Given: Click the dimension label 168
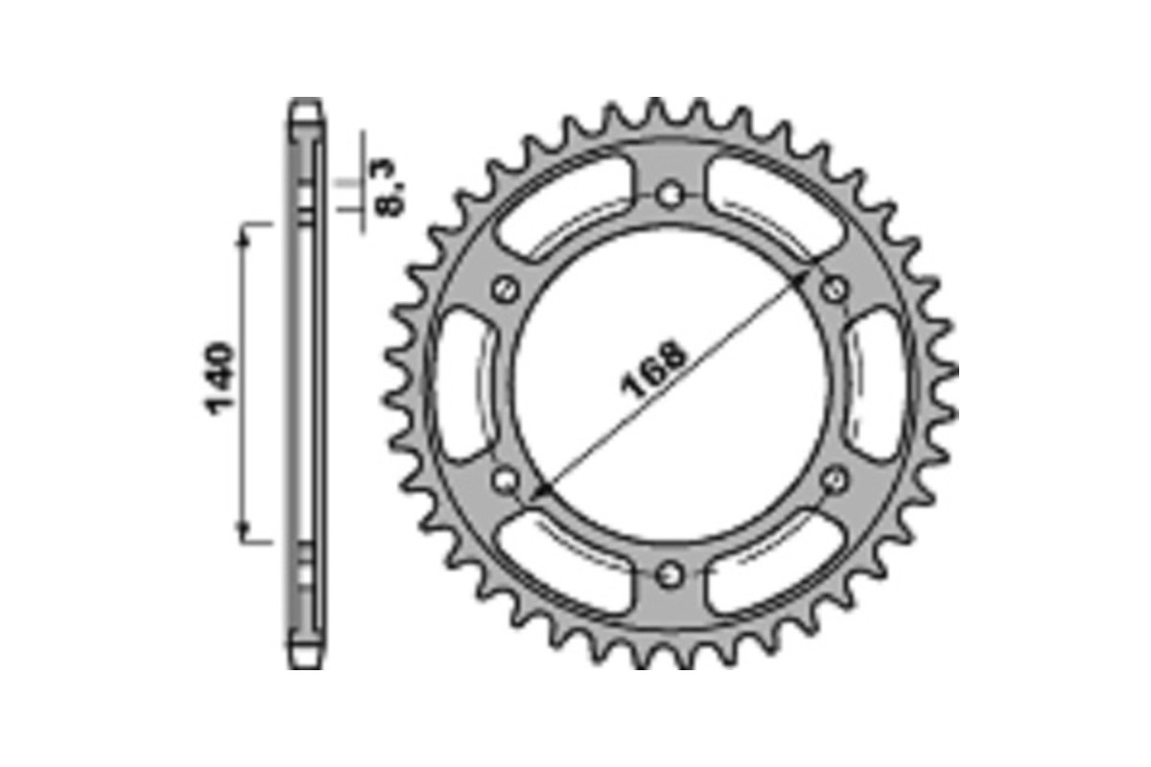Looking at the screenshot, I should pos(656,368).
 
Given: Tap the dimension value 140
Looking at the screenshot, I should pos(220,379).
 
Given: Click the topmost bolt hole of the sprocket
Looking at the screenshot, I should pos(670,195).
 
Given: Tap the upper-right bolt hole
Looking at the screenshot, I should pos(835,289).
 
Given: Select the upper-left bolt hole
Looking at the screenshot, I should pos(505,289).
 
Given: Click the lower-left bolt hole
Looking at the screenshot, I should pos(505,478).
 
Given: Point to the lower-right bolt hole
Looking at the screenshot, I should pos(835,478).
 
